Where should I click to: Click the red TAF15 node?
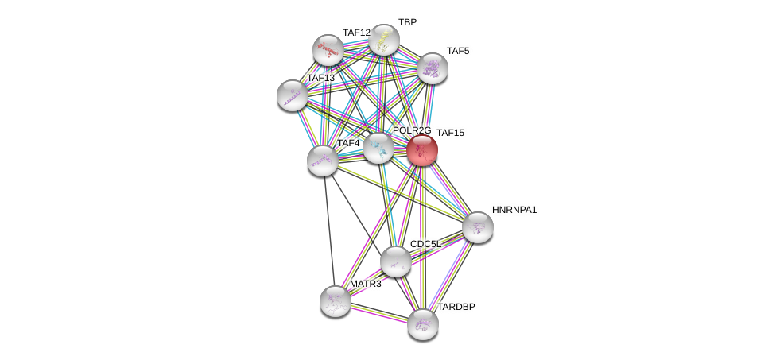point(422,149)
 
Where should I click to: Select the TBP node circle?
point(383,40)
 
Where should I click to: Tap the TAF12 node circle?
point(328,50)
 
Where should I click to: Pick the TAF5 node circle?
point(433,68)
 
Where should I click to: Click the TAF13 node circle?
point(293,95)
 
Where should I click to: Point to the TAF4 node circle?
point(322,160)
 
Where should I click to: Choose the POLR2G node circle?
point(378,148)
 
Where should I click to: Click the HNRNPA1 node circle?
point(478,227)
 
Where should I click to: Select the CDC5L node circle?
point(395,261)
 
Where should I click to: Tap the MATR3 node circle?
point(335,300)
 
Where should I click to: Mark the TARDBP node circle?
point(422,323)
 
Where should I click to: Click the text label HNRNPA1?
point(514,210)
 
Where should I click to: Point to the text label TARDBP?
point(456,307)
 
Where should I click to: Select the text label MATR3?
point(365,284)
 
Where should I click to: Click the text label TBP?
point(407,22)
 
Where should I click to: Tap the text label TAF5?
point(457,51)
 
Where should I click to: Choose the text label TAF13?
point(320,78)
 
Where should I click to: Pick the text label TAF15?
point(449,133)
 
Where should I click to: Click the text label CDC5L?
point(425,244)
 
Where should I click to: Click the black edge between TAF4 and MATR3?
point(328,230)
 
